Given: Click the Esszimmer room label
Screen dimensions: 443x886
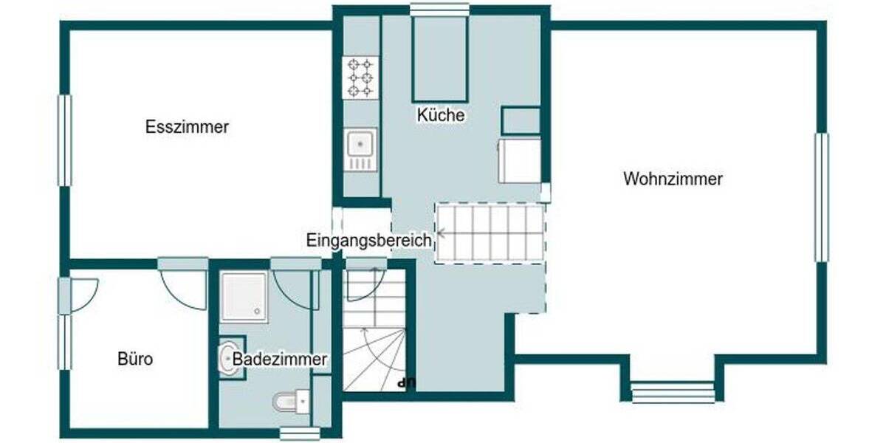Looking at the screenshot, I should pyautogui.click(x=187, y=127).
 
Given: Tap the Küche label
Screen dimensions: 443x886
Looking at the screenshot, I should pyautogui.click(x=441, y=115).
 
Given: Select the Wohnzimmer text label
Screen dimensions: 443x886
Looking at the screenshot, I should pyautogui.click(x=673, y=179).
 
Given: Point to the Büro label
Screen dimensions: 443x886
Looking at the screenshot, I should pyautogui.click(x=135, y=360).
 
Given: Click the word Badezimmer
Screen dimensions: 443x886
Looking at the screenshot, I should pyautogui.click(x=280, y=359).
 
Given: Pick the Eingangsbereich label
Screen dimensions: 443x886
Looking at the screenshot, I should pyautogui.click(x=368, y=240).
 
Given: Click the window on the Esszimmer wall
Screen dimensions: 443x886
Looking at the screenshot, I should pyautogui.click(x=65, y=140).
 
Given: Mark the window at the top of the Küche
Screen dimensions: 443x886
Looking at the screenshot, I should pyautogui.click(x=440, y=9).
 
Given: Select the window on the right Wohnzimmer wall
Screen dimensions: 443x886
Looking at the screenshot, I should pyautogui.click(x=821, y=196).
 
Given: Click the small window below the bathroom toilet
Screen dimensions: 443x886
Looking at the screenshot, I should pyautogui.click(x=299, y=433).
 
